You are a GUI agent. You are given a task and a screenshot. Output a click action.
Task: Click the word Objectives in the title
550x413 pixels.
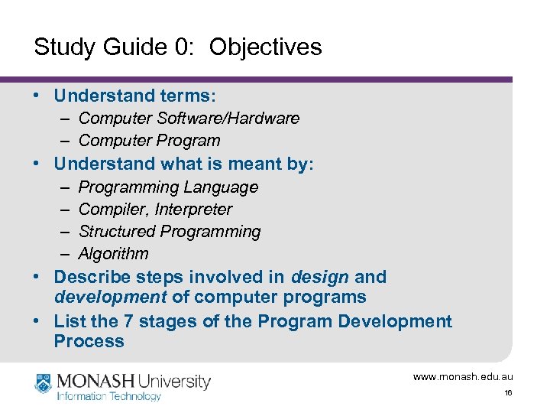coord(265,47)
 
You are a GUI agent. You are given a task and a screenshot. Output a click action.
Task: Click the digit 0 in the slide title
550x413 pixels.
coord(184,47)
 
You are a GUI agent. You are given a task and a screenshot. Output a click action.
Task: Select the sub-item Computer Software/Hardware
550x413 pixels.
coord(189,119)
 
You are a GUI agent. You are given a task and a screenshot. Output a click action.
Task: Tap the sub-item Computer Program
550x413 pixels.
coord(149,141)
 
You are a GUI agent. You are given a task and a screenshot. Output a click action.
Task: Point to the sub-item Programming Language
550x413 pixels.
coord(168,187)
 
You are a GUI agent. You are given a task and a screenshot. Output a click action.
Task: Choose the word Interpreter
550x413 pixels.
coord(194,210)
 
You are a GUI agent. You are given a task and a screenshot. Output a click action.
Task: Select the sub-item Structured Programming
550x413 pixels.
coord(170,232)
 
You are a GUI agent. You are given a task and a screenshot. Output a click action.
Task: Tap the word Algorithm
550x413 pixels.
coord(113,254)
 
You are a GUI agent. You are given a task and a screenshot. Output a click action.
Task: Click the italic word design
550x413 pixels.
coord(320,277)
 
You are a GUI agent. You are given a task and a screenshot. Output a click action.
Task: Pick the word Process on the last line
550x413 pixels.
coord(89,342)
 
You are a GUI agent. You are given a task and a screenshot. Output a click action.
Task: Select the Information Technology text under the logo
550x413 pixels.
coord(109,396)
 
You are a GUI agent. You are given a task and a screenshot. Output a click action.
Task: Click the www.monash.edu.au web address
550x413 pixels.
coord(463,377)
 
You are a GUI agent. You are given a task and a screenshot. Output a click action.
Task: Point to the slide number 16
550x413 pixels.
coord(508,393)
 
